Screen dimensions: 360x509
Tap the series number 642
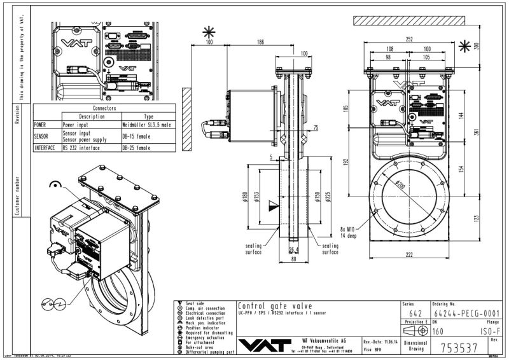415,313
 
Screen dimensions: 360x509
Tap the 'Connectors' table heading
104,109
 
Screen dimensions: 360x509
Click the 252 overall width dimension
409,39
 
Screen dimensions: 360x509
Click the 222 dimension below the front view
409,255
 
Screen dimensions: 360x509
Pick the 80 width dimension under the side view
293,260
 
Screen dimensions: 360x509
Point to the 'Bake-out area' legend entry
202,347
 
